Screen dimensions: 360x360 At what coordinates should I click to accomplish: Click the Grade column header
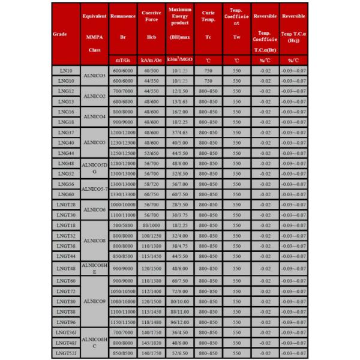point(66,34)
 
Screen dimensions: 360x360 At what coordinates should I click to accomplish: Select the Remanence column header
point(122,32)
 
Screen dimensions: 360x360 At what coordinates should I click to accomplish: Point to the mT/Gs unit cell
point(122,61)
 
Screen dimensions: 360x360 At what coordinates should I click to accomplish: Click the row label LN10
point(66,71)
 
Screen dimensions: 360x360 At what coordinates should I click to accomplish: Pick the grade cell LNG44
point(66,153)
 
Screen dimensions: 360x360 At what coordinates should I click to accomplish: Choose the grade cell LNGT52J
point(66,353)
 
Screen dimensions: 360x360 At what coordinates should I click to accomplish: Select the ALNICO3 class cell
point(94,76)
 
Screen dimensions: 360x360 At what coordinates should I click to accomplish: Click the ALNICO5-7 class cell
point(94,189)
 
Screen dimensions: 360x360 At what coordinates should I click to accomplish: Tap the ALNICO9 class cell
point(94,301)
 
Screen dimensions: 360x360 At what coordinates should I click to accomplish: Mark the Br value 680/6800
point(122,101)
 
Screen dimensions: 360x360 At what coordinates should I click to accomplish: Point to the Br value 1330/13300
point(122,194)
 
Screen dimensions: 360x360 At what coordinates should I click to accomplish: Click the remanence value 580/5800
point(122,225)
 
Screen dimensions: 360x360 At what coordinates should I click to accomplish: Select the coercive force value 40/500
point(151,71)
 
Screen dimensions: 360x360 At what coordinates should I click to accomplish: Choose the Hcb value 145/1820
point(151,343)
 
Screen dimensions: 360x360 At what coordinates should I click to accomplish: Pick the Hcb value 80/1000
point(151,225)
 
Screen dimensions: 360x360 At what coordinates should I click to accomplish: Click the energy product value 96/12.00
point(179,322)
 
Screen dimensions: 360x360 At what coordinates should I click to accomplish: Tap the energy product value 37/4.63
point(179,133)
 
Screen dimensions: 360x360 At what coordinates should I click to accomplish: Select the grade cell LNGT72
point(66,291)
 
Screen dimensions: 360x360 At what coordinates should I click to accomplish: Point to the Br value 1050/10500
point(122,291)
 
